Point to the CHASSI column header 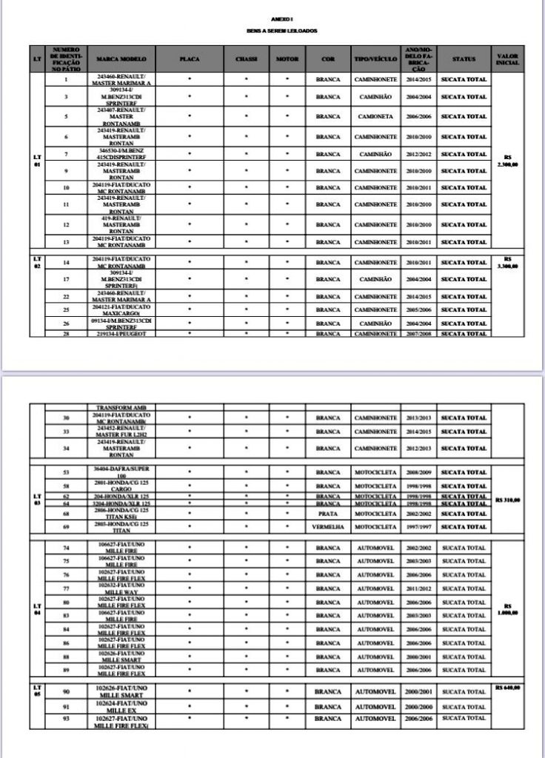[246, 58]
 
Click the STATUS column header [464, 58]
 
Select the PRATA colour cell [328, 513]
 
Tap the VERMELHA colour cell [328, 528]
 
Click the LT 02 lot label [37, 261]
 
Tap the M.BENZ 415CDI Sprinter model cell [119, 154]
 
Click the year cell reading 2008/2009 [419, 472]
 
